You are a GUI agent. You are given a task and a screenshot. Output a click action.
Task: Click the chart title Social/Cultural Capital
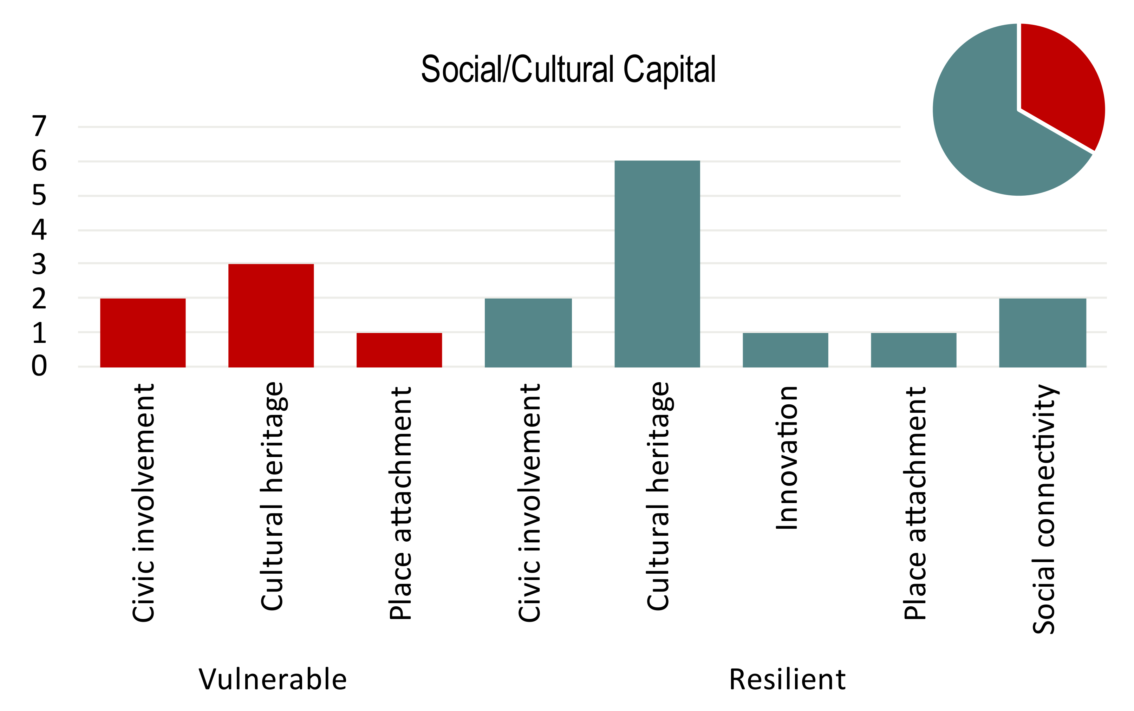click(568, 70)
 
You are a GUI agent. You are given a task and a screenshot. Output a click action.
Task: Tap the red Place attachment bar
click(399, 350)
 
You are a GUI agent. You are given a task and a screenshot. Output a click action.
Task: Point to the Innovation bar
click(785, 350)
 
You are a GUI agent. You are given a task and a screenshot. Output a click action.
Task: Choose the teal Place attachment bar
click(913, 350)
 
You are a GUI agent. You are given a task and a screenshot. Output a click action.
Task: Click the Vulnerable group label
click(273, 679)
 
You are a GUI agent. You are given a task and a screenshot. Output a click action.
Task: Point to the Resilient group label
click(787, 679)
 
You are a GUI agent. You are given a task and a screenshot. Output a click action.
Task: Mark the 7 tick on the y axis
click(39, 126)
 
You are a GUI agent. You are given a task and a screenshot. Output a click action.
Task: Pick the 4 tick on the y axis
click(39, 230)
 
